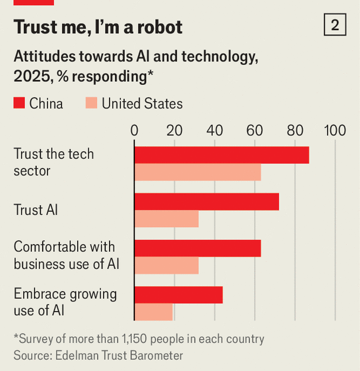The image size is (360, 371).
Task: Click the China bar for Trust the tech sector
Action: (x=221, y=155)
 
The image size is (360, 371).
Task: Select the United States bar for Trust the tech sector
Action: (x=198, y=172)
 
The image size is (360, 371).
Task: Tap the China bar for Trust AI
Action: (x=207, y=202)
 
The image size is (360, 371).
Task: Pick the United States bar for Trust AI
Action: (x=166, y=219)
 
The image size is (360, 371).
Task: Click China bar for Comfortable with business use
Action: (x=198, y=248)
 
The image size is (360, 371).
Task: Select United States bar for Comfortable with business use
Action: (x=166, y=266)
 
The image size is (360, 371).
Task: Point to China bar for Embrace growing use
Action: (x=178, y=295)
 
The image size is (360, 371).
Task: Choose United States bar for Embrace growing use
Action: (x=153, y=312)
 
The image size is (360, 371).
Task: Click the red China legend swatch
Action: (x=19, y=104)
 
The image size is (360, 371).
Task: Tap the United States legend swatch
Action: (x=91, y=104)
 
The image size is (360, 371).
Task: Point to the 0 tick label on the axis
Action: (x=134, y=130)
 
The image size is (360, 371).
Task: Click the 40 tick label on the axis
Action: (x=215, y=130)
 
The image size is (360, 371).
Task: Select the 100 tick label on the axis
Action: (x=335, y=130)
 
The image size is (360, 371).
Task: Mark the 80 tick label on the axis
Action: (x=295, y=130)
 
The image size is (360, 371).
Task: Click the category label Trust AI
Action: (x=36, y=210)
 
